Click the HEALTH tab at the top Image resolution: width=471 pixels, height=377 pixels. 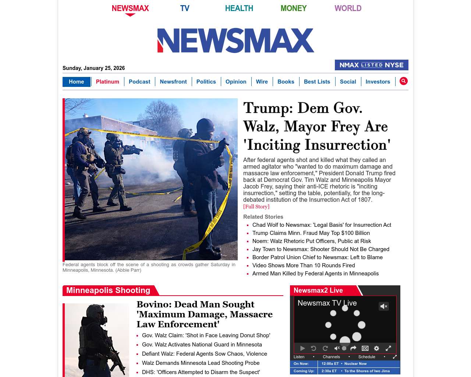tap(239, 8)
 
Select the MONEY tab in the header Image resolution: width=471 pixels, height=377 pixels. tap(293, 8)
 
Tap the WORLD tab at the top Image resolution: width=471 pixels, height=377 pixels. tap(348, 8)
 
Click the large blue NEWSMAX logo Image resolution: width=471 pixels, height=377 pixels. tap(235, 40)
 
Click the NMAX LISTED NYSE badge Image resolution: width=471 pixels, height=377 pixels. tap(371, 65)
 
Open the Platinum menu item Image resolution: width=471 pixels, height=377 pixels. tap(107, 82)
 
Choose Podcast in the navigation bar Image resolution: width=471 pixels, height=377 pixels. tap(139, 82)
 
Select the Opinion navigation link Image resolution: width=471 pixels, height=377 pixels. tap(236, 82)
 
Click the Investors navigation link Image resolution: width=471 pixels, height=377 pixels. tap(378, 82)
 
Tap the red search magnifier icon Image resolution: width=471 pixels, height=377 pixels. tap(404, 81)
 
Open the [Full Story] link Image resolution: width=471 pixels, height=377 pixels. tap(256, 207)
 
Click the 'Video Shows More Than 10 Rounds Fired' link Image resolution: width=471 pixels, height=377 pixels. tap(304, 265)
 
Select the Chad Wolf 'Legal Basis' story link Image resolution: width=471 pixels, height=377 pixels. tap(322, 225)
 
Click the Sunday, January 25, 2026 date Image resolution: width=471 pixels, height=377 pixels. tap(94, 68)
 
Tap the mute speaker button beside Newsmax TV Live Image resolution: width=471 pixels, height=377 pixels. tap(384, 306)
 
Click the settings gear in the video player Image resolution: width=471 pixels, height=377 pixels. tap(376, 348)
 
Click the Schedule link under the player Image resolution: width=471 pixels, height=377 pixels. tap(366, 357)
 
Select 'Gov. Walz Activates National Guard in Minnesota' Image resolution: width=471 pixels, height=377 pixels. tap(202, 345)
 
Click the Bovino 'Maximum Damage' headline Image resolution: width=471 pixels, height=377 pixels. tap(205, 314)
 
